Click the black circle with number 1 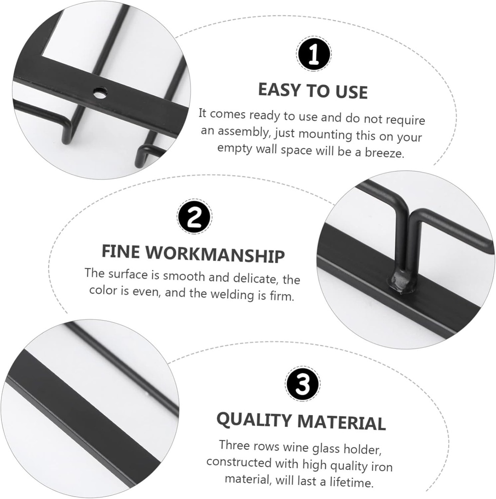pyautogui.click(x=314, y=54)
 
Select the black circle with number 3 pyautogui.click(x=303, y=384)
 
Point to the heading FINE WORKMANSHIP pyautogui.click(x=193, y=253)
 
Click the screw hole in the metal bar pyautogui.click(x=100, y=92)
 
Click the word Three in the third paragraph pyautogui.click(x=235, y=444)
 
